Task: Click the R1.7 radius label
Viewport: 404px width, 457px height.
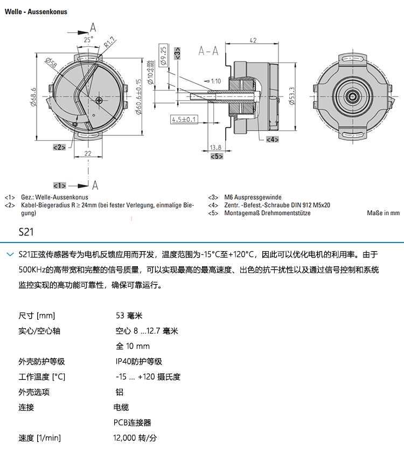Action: click(110, 43)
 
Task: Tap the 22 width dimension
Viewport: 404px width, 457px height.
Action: click(88, 154)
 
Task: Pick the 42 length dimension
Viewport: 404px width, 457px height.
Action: click(253, 40)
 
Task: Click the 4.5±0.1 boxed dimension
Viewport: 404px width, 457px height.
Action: click(184, 119)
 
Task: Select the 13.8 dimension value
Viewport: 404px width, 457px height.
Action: click(215, 147)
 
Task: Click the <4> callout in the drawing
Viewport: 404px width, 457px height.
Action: click(272, 139)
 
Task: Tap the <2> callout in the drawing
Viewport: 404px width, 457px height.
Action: click(59, 147)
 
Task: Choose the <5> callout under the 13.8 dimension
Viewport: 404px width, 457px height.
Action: click(216, 156)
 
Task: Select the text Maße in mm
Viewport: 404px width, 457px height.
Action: click(383, 213)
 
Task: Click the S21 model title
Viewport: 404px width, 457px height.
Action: click(26, 233)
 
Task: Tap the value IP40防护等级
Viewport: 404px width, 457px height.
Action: click(139, 362)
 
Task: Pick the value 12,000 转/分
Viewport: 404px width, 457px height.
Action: click(135, 438)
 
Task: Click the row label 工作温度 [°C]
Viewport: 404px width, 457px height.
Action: click(41, 377)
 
